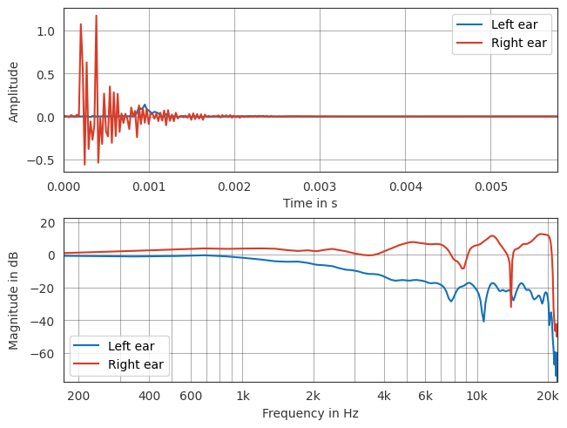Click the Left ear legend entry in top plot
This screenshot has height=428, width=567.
click(501, 24)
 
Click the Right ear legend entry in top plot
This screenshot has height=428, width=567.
click(501, 42)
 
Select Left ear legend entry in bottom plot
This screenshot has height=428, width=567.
click(118, 346)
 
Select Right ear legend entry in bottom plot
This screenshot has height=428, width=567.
click(118, 363)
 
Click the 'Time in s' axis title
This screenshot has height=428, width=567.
click(310, 203)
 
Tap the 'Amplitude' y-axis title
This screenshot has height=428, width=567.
click(14, 91)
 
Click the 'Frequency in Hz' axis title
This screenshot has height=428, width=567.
click(310, 414)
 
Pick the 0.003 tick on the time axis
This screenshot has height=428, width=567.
click(320, 187)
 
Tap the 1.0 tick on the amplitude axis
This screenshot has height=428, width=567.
click(45, 31)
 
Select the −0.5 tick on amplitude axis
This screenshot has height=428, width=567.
click(42, 160)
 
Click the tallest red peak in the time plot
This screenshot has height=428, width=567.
click(96, 16)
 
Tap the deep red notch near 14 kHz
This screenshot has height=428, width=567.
click(511, 306)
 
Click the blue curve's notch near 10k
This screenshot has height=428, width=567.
click(483, 321)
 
